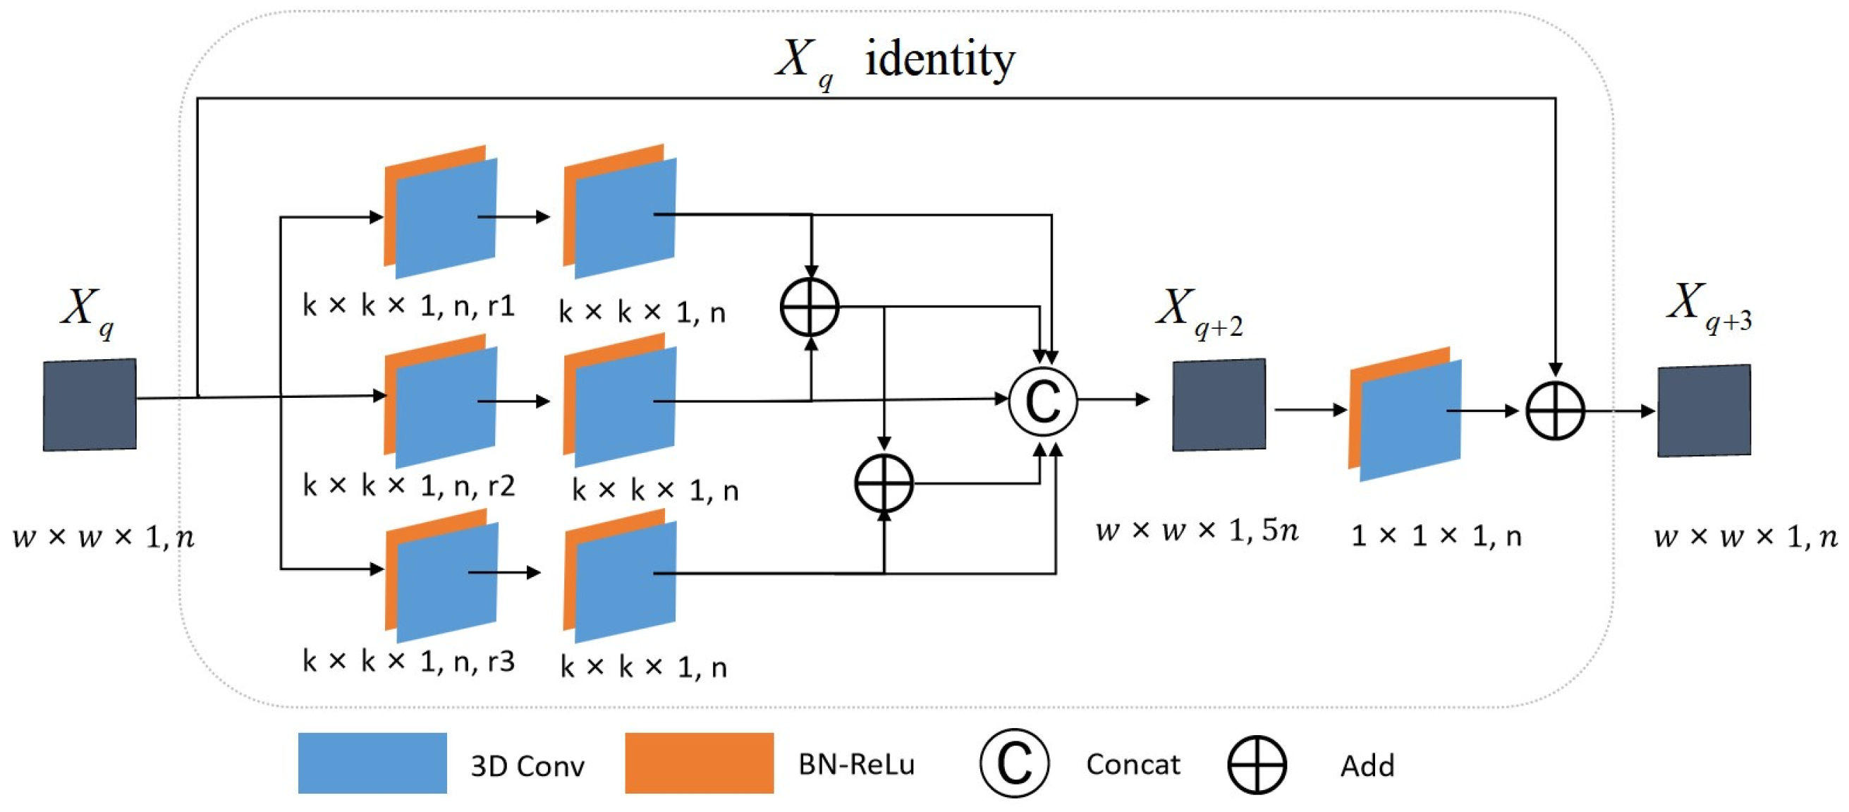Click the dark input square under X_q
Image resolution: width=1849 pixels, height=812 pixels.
[90, 405]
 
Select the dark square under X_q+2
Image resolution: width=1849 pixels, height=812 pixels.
[1219, 405]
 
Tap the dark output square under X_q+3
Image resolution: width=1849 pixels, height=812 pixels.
[1704, 411]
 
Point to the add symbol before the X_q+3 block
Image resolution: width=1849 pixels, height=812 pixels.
[1555, 411]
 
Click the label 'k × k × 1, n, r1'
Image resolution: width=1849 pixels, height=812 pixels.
[408, 307]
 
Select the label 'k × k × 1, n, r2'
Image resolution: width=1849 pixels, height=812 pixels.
[408, 486]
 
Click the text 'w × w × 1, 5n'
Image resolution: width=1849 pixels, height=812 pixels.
[1197, 531]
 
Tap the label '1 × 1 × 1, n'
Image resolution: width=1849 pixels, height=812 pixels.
[1436, 536]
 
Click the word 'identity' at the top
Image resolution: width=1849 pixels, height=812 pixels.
[940, 59]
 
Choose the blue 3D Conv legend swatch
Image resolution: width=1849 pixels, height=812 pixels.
[372, 763]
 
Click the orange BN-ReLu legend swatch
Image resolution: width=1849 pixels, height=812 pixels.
[699, 763]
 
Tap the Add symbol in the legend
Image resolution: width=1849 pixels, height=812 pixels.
[1257, 765]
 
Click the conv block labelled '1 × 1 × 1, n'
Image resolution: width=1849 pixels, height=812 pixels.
[1405, 414]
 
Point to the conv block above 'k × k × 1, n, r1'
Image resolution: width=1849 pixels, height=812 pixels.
[441, 212]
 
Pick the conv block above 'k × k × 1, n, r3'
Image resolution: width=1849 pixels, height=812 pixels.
[441, 576]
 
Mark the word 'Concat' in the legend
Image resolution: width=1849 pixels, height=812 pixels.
[1133, 765]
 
